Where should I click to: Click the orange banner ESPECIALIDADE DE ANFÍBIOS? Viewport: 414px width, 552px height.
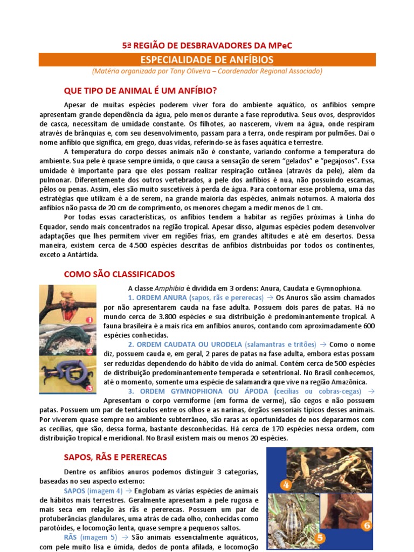[207, 59]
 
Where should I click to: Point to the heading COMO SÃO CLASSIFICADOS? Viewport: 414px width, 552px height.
[119, 274]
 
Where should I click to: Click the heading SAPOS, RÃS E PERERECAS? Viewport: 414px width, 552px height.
[115, 457]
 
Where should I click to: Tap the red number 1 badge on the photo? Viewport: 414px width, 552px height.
[89, 320]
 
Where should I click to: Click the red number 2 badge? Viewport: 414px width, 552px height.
[89, 351]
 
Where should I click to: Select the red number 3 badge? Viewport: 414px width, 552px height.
[89, 387]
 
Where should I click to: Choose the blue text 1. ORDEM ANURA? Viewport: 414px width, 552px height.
[155, 298]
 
